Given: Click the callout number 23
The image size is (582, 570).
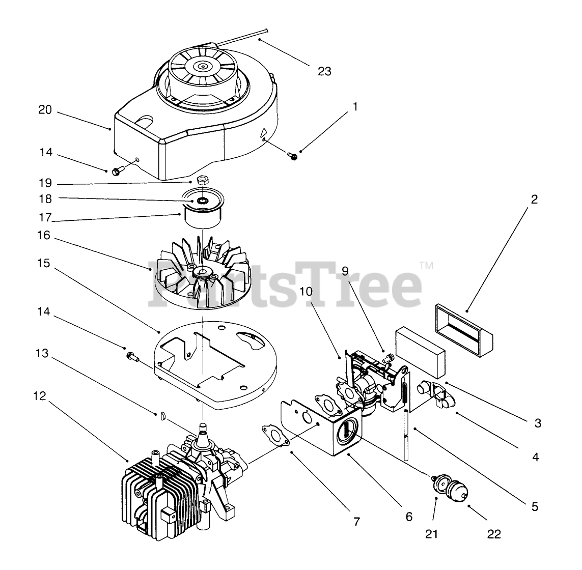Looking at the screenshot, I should (x=324, y=71).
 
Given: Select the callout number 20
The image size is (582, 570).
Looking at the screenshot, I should (x=45, y=109).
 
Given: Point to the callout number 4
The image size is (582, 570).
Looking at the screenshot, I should (x=535, y=457).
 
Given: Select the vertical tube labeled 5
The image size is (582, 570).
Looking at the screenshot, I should (x=406, y=432).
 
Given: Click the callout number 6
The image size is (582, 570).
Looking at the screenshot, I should (x=409, y=517).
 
